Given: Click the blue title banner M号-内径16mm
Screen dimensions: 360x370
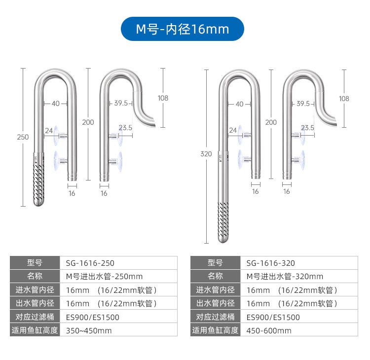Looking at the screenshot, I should [183, 29].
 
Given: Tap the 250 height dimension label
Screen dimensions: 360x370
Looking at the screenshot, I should [23, 137].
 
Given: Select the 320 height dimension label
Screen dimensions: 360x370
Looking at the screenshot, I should [206, 154].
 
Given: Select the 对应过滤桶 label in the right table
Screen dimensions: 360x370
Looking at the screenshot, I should [215, 317].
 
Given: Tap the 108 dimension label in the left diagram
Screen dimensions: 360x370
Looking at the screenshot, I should [163, 98].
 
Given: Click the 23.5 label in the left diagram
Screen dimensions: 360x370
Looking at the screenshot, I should [125, 128].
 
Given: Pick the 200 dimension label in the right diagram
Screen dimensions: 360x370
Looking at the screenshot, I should [271, 122].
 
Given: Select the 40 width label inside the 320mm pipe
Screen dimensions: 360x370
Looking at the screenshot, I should [239, 104].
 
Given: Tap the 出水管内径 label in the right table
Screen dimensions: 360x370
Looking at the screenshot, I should [215, 303].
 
